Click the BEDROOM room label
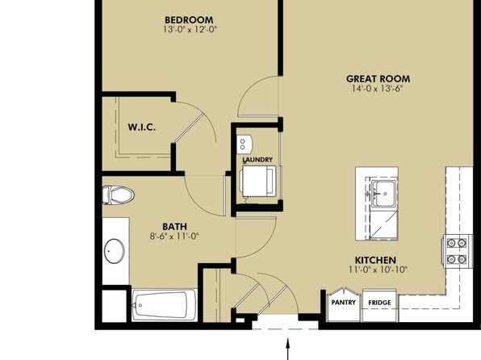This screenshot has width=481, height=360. pyautogui.click(x=189, y=20)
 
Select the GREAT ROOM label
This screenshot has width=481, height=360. pyautogui.click(x=378, y=79)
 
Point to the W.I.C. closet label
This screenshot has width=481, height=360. pyautogui.click(x=142, y=127)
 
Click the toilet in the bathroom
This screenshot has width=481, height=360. pyautogui.click(x=118, y=195)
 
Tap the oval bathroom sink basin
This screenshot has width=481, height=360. pyautogui.click(x=115, y=251)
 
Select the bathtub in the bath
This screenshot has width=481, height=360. pyautogui.click(x=165, y=305)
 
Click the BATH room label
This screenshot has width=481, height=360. pyautogui.click(x=174, y=227)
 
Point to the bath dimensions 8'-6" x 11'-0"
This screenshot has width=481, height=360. pyautogui.click(x=174, y=237)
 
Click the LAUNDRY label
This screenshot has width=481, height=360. pyautogui.click(x=257, y=160)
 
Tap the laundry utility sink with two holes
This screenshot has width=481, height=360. pyautogui.click(x=245, y=144)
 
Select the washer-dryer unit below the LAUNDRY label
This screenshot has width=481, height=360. pyautogui.click(x=259, y=181)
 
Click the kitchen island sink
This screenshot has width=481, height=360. pyautogui.click(x=383, y=194)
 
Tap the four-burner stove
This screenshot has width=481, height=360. pyautogui.click(x=457, y=251)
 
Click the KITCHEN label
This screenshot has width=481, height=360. pyautogui.click(x=375, y=260)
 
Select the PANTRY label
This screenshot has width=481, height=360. pyautogui.click(x=344, y=303)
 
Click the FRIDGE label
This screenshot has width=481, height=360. pyautogui.click(x=380, y=303)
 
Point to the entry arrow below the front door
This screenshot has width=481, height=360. pyautogui.click(x=288, y=349)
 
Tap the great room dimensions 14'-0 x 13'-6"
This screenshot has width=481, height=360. pyautogui.click(x=378, y=89)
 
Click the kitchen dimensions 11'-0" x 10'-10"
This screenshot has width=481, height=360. pyautogui.click(x=378, y=270)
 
